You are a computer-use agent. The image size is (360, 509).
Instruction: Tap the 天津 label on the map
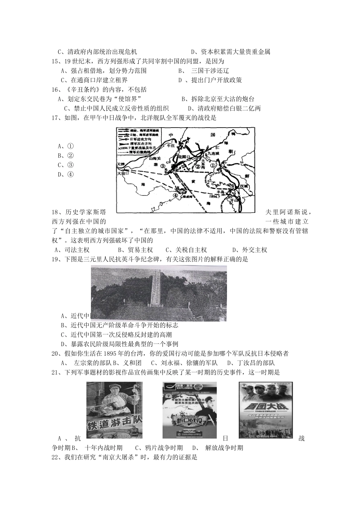121,164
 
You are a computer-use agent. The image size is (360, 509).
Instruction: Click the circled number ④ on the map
175,195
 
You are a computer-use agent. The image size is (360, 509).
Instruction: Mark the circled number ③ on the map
162,166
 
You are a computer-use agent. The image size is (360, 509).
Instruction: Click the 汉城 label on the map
244,186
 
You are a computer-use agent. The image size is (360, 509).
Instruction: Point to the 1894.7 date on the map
215,196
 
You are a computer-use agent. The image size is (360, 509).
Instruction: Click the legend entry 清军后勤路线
140,152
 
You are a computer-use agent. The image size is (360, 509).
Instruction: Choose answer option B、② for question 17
66,155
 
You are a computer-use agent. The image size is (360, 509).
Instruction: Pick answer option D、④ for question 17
66,174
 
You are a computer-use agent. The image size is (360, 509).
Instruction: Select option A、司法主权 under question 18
72,250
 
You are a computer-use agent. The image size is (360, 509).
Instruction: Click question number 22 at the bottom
56,457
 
